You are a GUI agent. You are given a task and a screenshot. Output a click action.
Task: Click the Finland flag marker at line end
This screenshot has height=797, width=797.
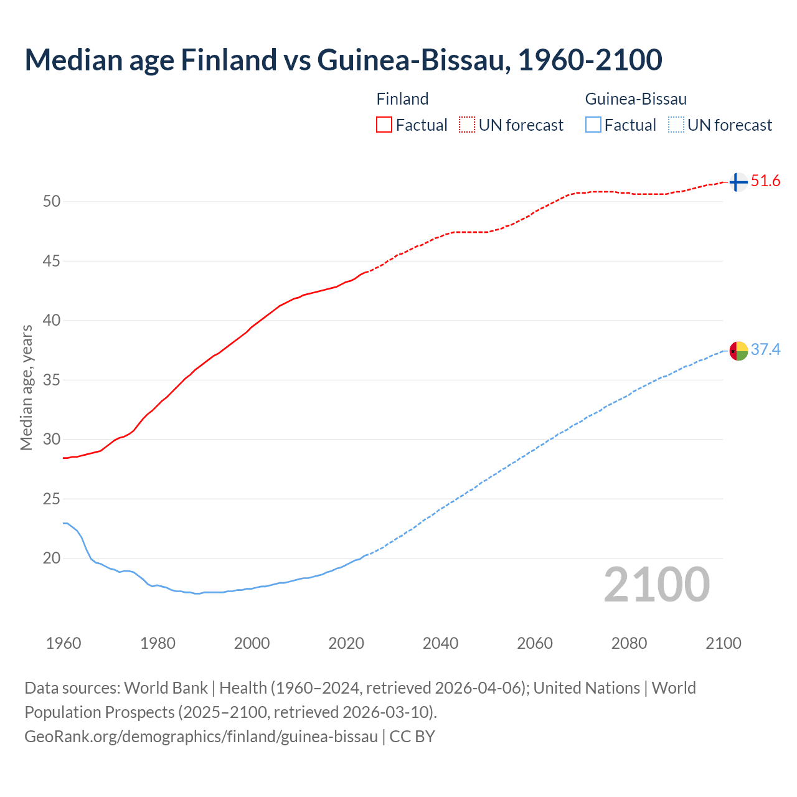[738, 182]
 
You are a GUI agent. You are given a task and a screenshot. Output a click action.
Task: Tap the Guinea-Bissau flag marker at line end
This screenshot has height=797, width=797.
[738, 351]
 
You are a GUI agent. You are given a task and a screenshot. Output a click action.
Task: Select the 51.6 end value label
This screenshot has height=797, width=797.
[765, 181]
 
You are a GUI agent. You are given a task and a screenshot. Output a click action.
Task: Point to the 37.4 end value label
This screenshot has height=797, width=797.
[765, 350]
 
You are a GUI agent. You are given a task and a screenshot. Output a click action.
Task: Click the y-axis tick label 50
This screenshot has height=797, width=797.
[52, 201]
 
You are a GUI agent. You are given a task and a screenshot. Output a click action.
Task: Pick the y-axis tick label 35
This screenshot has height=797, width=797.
[52, 380]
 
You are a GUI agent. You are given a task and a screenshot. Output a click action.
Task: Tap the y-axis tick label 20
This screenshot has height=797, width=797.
[52, 558]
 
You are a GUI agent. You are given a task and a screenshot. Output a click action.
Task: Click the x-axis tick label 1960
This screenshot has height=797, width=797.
[64, 643]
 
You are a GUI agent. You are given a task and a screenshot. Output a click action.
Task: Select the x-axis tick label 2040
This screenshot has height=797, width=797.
[440, 643]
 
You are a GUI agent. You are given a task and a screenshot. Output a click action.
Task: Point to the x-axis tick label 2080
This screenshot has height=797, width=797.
[629, 643]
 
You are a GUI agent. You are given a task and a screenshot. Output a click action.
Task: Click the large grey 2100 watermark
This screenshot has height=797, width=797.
[656, 584]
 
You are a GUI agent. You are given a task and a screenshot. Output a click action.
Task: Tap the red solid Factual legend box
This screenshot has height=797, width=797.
[384, 125]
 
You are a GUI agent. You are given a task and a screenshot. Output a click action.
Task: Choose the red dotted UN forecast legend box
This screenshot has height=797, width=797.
[467, 125]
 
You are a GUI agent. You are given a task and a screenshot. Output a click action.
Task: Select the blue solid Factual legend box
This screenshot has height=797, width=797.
[593, 125]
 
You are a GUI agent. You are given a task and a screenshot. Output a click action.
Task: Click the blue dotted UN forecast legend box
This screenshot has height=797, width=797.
[676, 125]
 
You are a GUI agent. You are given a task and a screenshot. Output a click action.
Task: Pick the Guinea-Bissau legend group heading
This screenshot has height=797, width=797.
[636, 99]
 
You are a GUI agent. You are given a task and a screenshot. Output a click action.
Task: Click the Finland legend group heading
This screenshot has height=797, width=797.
[402, 99]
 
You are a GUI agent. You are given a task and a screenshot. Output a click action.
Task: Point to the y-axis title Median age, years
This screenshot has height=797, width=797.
[26, 387]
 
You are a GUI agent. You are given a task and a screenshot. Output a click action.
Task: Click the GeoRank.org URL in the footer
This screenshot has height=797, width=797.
[201, 737]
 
